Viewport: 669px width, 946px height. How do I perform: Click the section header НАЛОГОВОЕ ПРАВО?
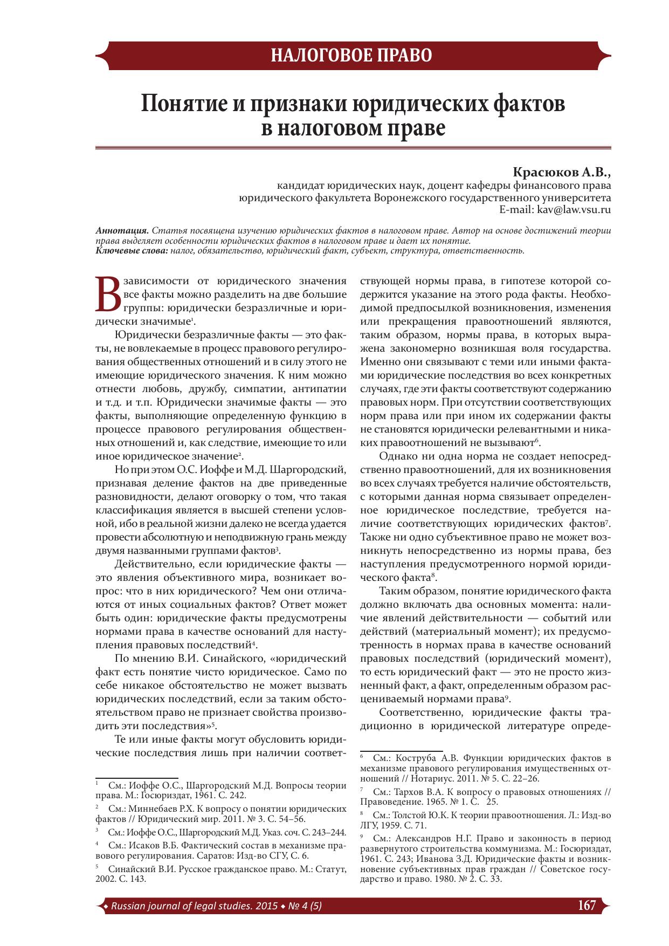coord(351,56)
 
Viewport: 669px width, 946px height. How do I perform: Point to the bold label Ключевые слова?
coord(132,251)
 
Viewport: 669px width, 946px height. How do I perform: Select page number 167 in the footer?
coord(586,904)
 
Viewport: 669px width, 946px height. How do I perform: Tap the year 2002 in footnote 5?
coord(105,879)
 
